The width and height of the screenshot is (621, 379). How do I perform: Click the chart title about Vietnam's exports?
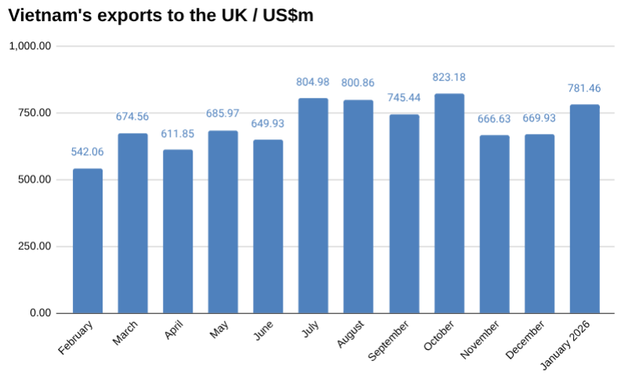click(161, 16)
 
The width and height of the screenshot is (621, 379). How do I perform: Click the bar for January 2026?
click(584, 209)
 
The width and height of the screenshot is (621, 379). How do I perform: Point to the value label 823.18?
click(449, 77)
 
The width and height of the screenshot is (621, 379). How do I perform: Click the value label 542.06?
click(88, 152)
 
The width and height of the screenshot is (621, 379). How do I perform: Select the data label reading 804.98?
click(313, 82)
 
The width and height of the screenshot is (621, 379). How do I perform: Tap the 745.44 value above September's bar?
click(404, 98)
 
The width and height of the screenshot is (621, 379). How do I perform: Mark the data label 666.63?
click(494, 119)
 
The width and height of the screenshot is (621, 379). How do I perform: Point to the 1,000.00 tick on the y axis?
click(31, 46)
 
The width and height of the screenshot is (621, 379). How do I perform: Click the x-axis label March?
click(125, 333)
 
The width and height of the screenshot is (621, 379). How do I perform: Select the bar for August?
click(359, 207)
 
